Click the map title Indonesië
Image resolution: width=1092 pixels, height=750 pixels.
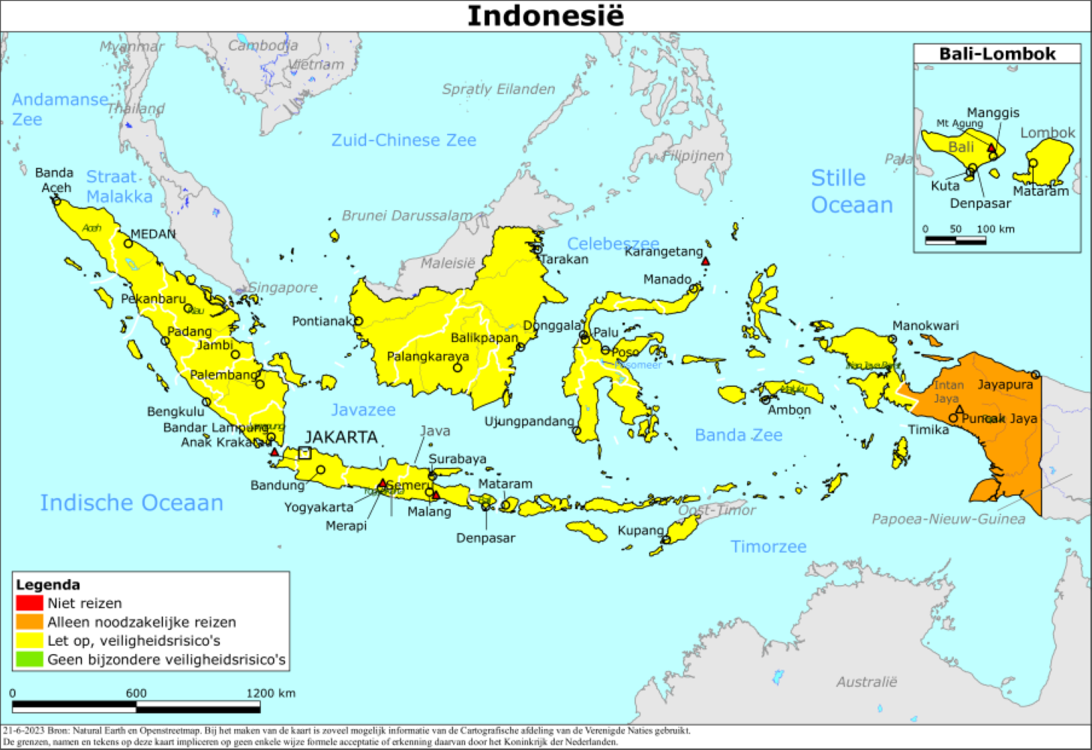click(545, 16)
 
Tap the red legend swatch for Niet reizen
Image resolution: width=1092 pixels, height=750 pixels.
click(29, 603)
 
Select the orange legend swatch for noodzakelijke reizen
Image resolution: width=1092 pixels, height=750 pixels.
click(29, 622)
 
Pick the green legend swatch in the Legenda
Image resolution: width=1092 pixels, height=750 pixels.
click(29, 660)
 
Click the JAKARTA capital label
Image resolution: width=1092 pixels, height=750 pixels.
click(340, 437)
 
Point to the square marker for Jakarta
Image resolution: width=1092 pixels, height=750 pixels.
click(304, 452)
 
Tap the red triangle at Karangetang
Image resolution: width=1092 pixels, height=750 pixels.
click(705, 261)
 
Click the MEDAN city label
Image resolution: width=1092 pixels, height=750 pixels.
click(153, 234)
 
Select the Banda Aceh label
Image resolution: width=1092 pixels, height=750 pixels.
click(55, 180)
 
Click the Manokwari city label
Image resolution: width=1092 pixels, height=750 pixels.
click(925, 325)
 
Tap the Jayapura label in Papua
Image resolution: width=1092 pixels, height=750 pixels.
click(1005, 385)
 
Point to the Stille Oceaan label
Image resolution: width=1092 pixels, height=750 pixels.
click(851, 191)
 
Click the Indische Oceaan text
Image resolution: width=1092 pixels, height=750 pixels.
click(131, 502)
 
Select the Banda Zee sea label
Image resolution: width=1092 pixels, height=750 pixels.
click(738, 435)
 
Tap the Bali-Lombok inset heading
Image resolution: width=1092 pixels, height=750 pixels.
click(997, 54)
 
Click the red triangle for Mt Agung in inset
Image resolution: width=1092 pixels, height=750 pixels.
click(991, 148)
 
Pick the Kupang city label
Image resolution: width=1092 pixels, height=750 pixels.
click(640, 530)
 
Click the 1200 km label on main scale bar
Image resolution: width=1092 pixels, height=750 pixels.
click(271, 693)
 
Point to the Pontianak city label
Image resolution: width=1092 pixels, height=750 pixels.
click(321, 321)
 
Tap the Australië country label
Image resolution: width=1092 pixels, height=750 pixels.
click(866, 682)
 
